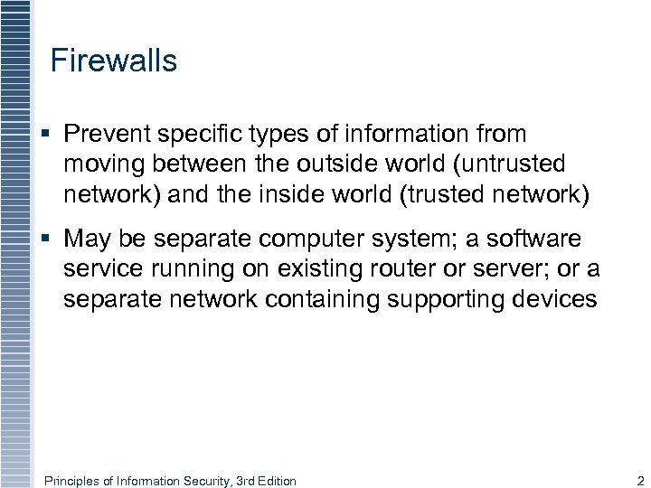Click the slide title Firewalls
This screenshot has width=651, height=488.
(114, 61)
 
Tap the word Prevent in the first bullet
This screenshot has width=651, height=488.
(108, 134)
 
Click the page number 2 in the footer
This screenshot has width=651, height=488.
(640, 481)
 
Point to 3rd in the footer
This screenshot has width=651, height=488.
(245, 481)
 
